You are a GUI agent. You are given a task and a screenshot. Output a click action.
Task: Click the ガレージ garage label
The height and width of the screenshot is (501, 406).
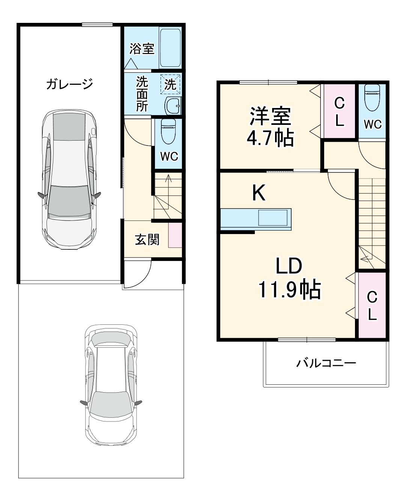[x=69, y=84]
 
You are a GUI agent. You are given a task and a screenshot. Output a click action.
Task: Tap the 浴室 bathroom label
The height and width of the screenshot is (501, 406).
[x=142, y=49]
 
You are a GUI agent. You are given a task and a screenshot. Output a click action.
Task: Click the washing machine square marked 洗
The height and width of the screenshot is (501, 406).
[x=170, y=84]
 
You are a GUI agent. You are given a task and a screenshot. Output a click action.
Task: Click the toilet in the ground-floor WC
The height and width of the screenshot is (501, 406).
[x=168, y=131]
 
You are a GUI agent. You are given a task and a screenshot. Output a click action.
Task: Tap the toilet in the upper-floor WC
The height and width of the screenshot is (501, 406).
[x=372, y=97]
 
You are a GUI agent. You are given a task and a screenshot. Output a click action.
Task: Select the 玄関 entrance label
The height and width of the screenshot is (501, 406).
[x=147, y=240]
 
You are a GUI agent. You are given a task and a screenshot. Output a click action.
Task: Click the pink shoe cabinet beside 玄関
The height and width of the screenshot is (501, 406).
[x=175, y=235]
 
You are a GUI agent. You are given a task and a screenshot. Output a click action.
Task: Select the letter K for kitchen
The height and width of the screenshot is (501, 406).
[x=259, y=193]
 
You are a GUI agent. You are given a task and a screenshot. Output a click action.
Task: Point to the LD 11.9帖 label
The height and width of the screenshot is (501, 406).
[x=289, y=277]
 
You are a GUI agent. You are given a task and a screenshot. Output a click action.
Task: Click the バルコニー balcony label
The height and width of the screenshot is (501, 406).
[x=326, y=363]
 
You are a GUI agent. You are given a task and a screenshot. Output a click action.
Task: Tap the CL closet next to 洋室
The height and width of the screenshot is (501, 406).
[x=339, y=112]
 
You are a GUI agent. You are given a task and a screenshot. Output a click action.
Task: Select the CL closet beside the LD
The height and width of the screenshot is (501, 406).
[x=372, y=306]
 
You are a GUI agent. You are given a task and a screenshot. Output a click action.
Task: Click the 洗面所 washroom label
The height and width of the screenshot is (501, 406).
[x=142, y=93]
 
